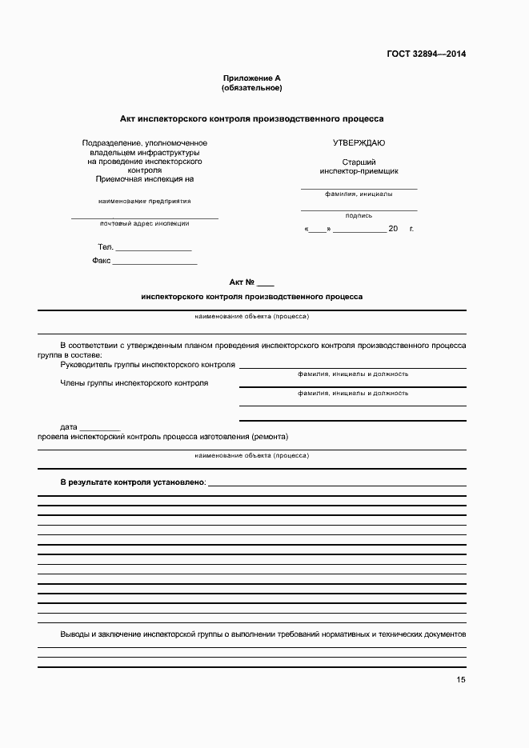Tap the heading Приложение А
coord(251,78)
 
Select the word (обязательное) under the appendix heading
coord(251,87)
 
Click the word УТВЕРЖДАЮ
coord(359,142)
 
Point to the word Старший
coord(359,162)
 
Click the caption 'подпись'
coord(359,215)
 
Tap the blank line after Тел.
coord(154,249)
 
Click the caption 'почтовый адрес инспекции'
coord(145,223)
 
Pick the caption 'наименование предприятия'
coord(145,201)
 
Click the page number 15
coord(461,680)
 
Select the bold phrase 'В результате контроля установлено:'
coord(133,482)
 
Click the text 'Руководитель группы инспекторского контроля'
coord(147,365)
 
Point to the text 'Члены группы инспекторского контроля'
coord(134,382)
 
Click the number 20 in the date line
coord(393,229)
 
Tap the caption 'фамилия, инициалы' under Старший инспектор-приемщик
coord(359,194)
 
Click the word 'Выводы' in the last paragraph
coord(76,634)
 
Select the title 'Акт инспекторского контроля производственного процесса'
coord(251,118)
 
